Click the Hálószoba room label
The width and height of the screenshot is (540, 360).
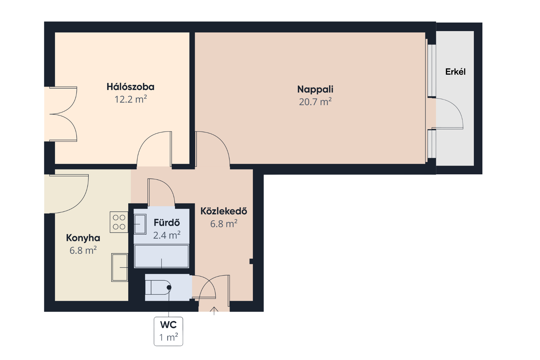pos(130,87)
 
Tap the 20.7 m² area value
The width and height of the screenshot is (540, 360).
pos(315,102)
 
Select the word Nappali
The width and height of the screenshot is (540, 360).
pos(315,89)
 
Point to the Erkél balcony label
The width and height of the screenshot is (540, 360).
pos(455,72)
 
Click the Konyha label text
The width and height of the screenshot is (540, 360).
pos(83,238)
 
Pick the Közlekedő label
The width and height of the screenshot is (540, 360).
pos(224,211)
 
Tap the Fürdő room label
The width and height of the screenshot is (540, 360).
pos(167,223)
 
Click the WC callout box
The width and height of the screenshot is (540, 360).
pos(169,331)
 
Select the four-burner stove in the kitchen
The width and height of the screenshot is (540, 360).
pos(119,222)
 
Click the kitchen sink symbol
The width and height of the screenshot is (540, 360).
pos(119,267)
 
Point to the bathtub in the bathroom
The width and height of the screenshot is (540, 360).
pos(162,256)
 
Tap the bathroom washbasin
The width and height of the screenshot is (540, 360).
pos(140,224)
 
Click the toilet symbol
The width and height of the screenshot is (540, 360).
pos(158,287)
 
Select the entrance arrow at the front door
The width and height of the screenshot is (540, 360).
pos(214,311)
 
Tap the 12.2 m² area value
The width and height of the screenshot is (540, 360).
pos(130,99)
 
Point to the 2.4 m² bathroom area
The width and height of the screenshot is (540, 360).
pos(167,235)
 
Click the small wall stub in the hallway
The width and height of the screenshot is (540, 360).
pos(251,261)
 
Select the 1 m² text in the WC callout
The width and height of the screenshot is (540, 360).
pos(169,337)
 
